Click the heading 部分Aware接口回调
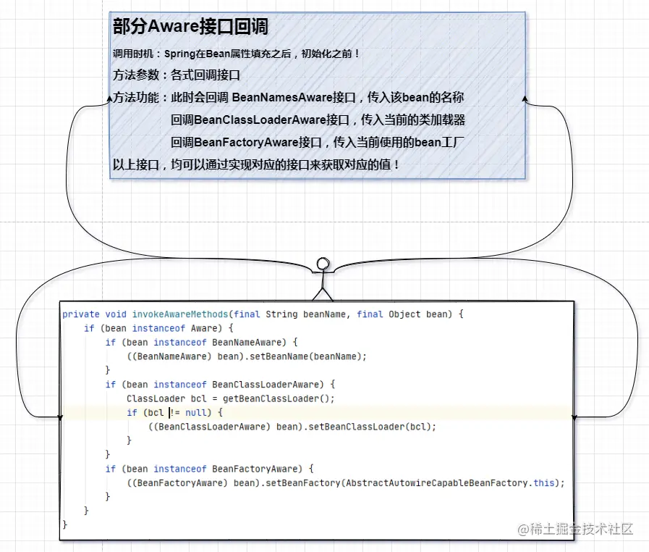tap(190, 27)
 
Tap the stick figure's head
tap(323, 264)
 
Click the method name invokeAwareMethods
tap(180, 314)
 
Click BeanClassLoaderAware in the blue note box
tap(260, 120)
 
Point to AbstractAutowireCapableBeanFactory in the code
tap(437, 482)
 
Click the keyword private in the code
tap(81, 314)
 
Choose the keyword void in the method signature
tap(116, 314)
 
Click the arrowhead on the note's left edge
tap(110, 99)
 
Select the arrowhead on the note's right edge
tap(525, 99)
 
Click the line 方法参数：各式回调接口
tap(177, 75)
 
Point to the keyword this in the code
tap(544, 482)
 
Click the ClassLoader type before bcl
tap(156, 398)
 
